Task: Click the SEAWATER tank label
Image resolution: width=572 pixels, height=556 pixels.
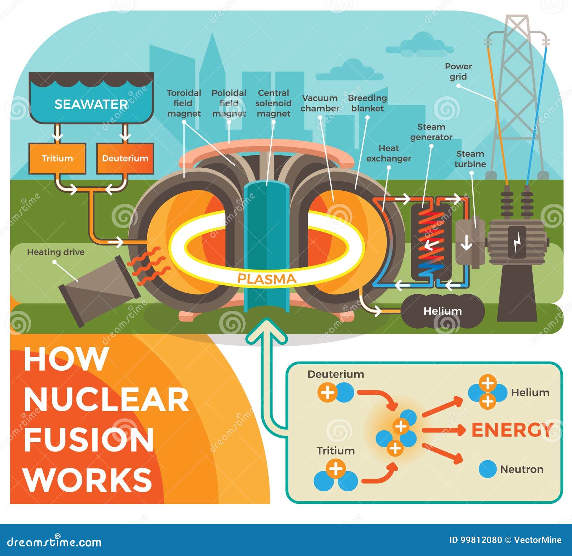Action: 91,104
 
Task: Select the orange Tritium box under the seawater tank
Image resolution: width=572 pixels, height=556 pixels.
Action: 57,158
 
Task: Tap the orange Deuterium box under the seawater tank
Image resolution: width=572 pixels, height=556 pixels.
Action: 125,158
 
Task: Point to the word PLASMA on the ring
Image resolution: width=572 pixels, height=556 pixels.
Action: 267,279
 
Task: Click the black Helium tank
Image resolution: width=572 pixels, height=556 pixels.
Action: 443,311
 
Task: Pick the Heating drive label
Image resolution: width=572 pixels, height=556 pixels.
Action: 56,252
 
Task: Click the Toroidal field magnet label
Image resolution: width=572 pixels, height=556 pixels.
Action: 184,103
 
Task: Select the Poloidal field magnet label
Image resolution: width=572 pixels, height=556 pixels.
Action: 229,103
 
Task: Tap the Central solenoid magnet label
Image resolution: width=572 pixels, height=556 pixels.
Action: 273,103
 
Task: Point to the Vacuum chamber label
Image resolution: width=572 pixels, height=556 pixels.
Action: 320,103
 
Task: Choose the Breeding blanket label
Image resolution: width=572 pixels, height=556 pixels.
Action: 368,103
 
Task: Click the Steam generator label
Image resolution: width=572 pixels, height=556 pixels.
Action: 431,132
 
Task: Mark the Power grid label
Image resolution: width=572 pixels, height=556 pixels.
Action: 458,72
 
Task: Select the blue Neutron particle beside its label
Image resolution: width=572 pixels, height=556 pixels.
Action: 487,469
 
